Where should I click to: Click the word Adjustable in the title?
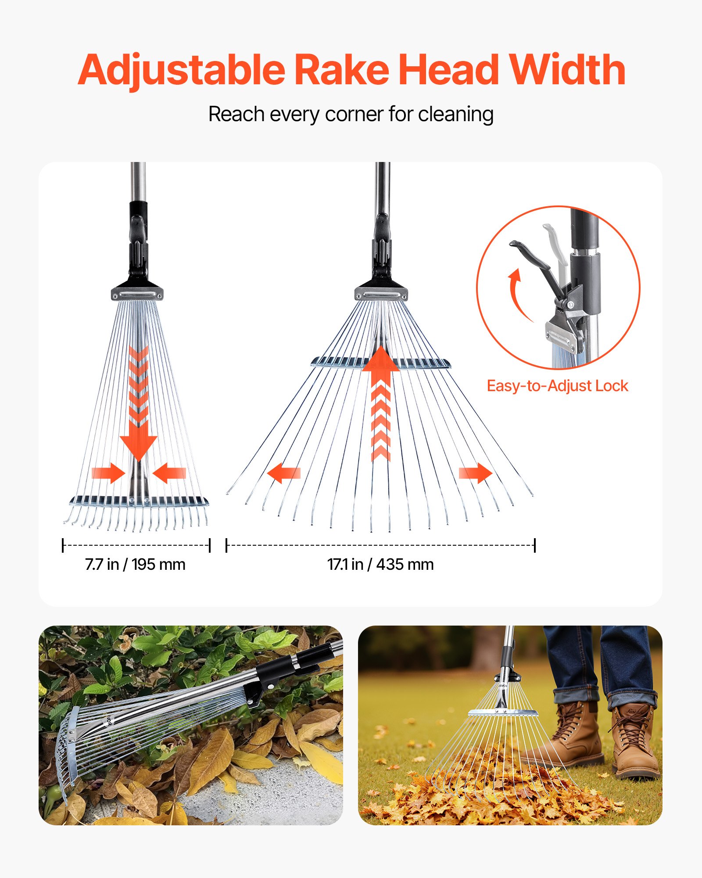tap(181, 70)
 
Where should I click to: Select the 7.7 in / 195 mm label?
tap(135, 565)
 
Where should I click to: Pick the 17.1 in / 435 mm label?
tap(380, 565)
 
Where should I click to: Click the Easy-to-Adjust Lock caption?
tap(557, 386)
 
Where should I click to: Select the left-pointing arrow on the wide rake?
tap(283, 473)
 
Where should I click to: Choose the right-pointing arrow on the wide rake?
tap(476, 473)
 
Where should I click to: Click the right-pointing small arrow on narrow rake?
tap(108, 473)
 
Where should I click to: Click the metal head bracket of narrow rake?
tap(137, 293)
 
